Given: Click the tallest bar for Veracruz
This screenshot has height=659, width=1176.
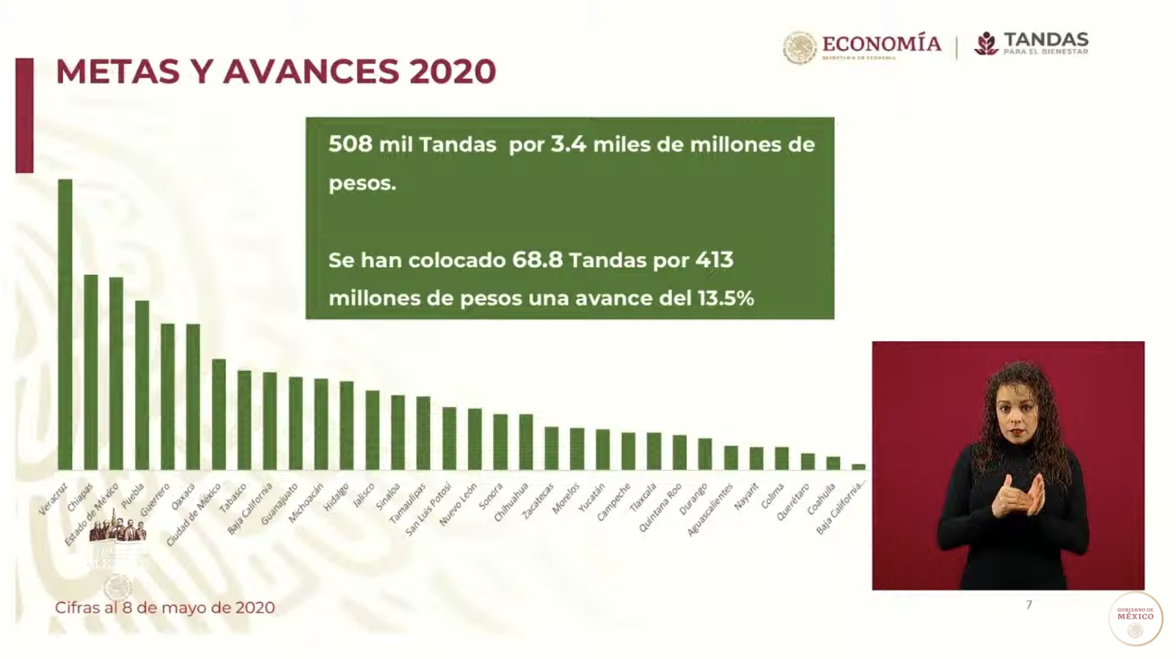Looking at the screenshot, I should tap(65, 325).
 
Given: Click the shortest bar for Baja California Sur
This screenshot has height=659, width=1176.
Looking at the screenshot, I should tap(858, 467).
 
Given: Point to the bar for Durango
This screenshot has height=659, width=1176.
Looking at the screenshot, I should tap(705, 454).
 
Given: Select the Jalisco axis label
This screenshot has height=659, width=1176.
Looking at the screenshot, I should tap(364, 496).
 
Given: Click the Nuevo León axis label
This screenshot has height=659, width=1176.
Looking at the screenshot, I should tap(459, 505).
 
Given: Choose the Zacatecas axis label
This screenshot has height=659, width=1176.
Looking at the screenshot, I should tap(538, 501).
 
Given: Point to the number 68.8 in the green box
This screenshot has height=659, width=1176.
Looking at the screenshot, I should tap(537, 260).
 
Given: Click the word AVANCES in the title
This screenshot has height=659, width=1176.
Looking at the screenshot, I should tap(311, 72).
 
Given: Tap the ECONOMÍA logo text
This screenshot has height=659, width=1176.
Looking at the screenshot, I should tap(881, 44).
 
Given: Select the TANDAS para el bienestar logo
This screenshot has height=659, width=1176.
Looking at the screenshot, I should tap(1032, 44).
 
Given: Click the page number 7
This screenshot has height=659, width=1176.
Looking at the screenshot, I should tap(1028, 605).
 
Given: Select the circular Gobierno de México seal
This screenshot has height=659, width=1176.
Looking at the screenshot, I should tap(1135, 618).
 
